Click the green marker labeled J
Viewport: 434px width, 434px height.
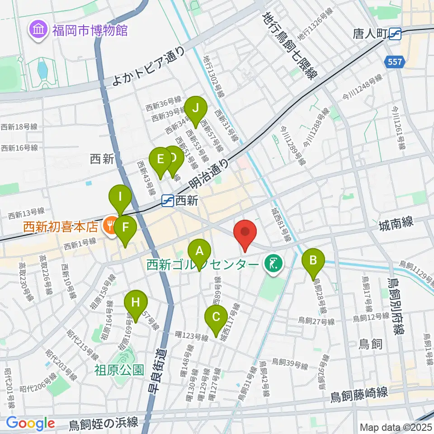tap(195, 109)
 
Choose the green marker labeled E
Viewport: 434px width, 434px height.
tap(160, 160)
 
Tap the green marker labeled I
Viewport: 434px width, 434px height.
tap(120, 197)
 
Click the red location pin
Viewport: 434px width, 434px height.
tap(245, 232)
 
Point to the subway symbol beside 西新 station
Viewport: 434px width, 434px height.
tap(168, 199)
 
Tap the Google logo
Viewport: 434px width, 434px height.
tap(30, 423)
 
